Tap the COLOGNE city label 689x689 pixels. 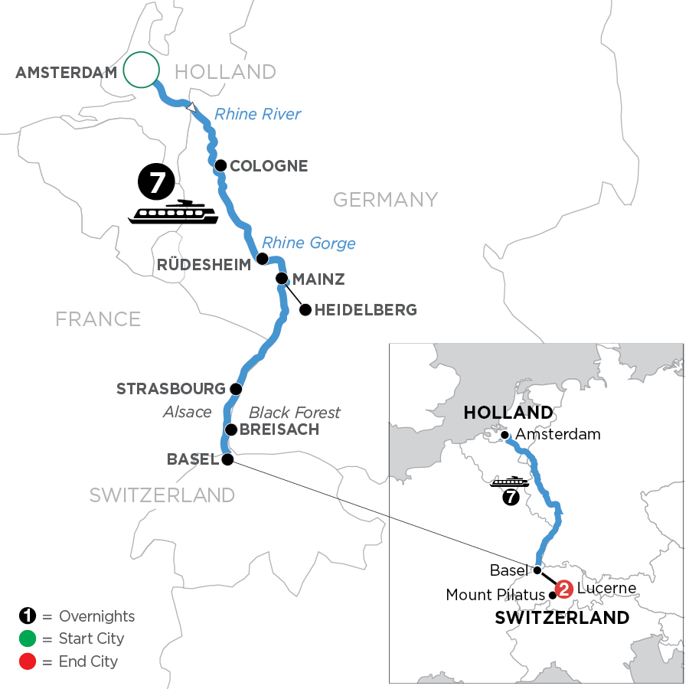click(270, 166)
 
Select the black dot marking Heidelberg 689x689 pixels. click(305, 310)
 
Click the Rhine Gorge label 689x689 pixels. click(310, 243)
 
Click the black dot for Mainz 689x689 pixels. click(282, 279)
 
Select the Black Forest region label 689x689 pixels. click(295, 413)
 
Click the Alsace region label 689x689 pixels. click(187, 412)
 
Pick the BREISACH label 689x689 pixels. click(279, 429)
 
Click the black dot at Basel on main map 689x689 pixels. click(227, 459)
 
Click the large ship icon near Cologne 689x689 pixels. click(173, 212)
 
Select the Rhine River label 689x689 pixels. click(257, 115)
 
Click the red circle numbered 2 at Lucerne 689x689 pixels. click(563, 589)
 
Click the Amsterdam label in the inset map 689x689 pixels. click(558, 434)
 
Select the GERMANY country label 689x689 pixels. click(385, 200)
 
